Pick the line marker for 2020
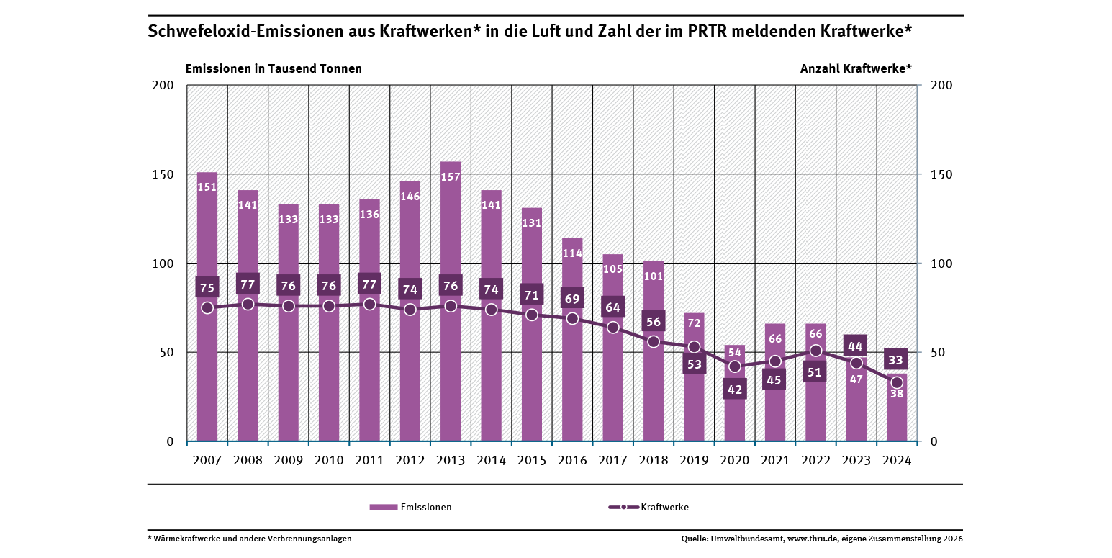[735, 366]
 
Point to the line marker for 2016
[572, 318]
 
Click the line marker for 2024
[897, 382]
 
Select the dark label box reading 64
[612, 307]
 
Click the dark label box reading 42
[735, 389]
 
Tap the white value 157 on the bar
[451, 176]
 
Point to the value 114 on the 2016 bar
[572, 253]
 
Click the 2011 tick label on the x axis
[369, 461]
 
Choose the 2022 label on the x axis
[815, 461]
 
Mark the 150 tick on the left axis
[164, 174]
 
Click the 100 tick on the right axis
[942, 264]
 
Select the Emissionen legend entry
[410, 507]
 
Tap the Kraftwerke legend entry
[648, 507]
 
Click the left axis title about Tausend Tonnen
[274, 68]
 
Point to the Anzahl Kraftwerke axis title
[856, 68]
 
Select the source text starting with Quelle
[822, 539]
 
